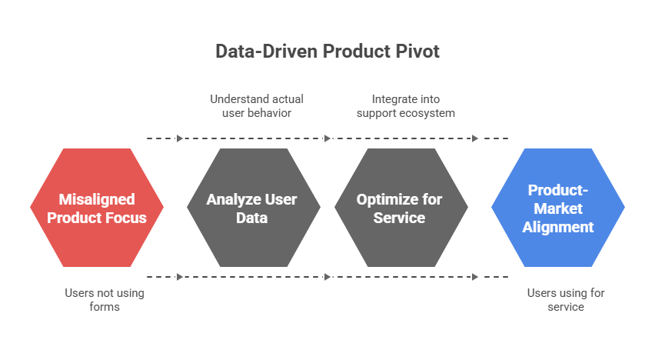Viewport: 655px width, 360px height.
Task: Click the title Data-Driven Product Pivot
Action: click(327, 52)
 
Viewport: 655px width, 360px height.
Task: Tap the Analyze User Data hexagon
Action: click(252, 208)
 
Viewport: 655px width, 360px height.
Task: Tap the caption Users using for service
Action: click(556, 300)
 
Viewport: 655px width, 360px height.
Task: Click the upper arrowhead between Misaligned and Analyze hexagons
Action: click(180, 138)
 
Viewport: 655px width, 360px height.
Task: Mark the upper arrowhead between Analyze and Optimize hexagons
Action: click(327, 138)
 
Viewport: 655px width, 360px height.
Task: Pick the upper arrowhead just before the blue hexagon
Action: click(475, 138)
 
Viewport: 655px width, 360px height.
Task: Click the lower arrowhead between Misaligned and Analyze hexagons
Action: click(180, 277)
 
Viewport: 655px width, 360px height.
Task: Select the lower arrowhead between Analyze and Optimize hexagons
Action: click(327, 277)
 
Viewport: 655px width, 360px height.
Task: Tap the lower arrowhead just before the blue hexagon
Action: click(475, 277)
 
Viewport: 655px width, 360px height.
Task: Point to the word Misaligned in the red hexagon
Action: click(97, 199)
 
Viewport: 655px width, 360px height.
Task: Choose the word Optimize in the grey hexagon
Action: click(383, 199)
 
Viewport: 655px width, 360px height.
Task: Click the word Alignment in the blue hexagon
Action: click(558, 227)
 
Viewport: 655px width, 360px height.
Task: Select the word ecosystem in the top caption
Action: click(427, 113)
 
